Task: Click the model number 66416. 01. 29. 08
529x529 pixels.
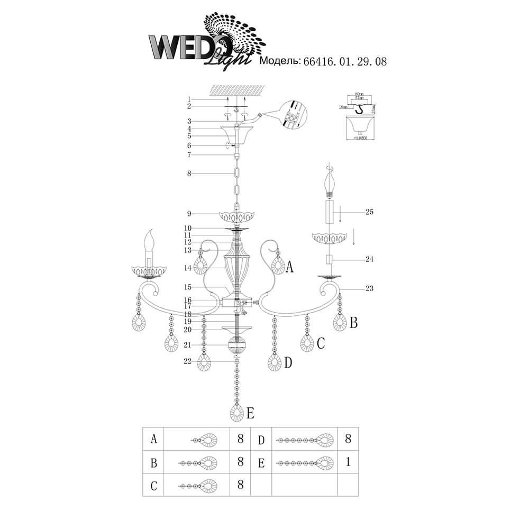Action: tap(345, 61)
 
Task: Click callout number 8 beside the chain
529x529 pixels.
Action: tap(188, 174)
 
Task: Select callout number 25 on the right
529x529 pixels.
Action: tap(369, 212)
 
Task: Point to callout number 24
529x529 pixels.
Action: tap(369, 260)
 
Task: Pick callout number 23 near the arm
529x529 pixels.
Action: tap(369, 288)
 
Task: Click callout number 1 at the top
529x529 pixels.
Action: tap(188, 99)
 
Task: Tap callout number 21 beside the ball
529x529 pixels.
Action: tap(188, 345)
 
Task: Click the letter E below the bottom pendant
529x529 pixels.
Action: tap(250, 412)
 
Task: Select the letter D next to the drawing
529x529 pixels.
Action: tap(288, 363)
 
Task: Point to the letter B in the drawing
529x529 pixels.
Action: tap(353, 322)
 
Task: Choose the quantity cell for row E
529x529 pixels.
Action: tap(348, 462)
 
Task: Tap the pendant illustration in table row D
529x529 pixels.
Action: tap(304, 439)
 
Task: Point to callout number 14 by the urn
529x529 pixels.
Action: tap(188, 268)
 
